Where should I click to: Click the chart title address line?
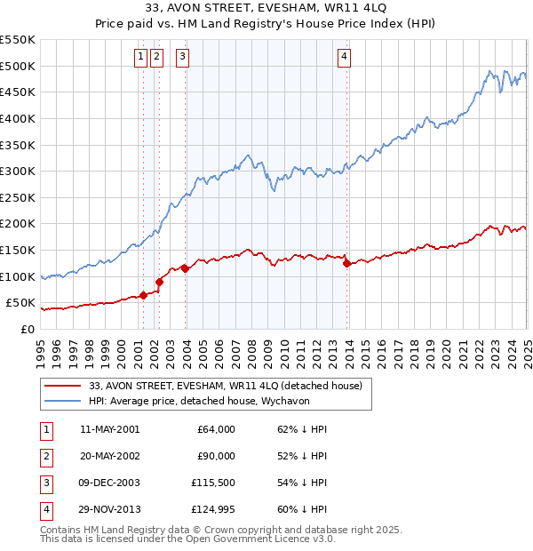[266, 9]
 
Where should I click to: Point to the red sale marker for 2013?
[346, 263]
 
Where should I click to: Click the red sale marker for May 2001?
[143, 295]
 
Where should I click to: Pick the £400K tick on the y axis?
[18, 118]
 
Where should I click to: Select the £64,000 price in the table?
[217, 429]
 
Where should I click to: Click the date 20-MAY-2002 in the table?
[109, 456]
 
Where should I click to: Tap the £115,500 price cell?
[214, 483]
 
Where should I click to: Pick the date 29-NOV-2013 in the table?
[109, 509]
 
